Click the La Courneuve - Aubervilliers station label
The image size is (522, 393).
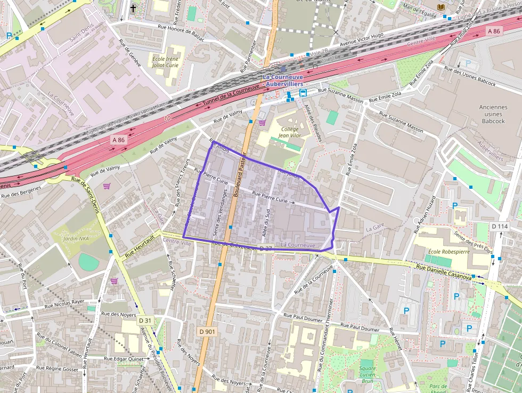[x=283, y=81]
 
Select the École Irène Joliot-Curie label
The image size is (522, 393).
[x=166, y=62]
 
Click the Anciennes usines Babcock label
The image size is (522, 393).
[x=492, y=114]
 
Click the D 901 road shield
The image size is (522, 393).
[x=207, y=332]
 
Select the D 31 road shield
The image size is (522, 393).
[x=145, y=320]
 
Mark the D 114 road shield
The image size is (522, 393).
[x=500, y=227]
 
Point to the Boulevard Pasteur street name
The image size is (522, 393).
[x=239, y=174]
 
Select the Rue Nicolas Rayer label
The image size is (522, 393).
[x=64, y=303]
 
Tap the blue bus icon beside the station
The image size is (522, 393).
[x=303, y=93]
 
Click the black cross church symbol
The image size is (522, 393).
[x=133, y=8]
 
